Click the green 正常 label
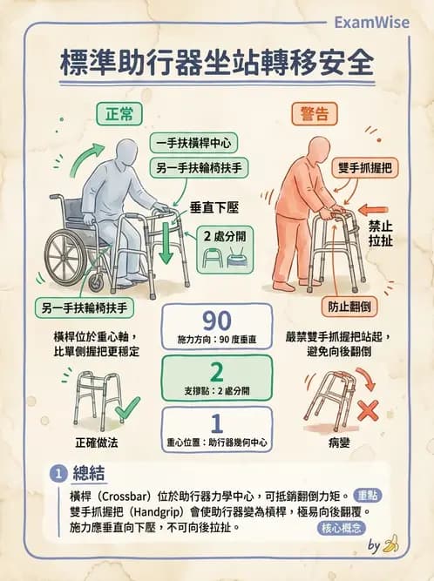119,113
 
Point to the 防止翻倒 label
346,307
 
